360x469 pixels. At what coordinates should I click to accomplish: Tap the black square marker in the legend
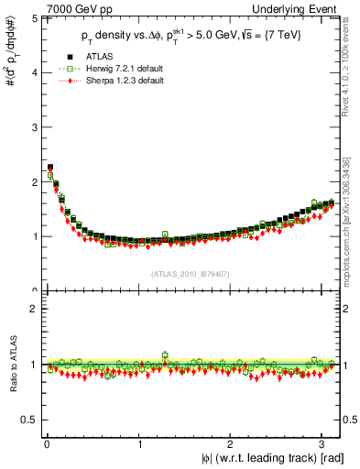(67, 57)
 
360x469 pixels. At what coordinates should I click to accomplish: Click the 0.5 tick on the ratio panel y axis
(28, 420)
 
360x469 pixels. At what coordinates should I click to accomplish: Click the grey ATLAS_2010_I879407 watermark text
(191, 272)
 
